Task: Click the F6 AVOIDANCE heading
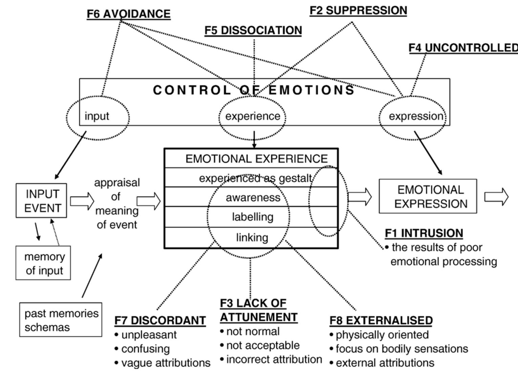(129, 14)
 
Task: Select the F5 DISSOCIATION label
(253, 30)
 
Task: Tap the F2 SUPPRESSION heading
(358, 10)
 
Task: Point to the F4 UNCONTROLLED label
(463, 48)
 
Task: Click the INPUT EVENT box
(41, 201)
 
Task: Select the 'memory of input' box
(43, 263)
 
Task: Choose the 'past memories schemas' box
(61, 320)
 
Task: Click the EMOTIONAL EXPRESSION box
(428, 196)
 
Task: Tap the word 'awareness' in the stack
(253, 198)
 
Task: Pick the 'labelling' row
(253, 217)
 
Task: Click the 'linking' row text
(252, 238)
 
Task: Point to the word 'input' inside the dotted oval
(97, 116)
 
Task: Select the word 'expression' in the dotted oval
(416, 116)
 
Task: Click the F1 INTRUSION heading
(424, 233)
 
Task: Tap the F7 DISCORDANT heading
(160, 320)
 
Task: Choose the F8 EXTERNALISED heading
(381, 320)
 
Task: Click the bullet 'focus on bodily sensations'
(402, 349)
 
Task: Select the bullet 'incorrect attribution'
(274, 359)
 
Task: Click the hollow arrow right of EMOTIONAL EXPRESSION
(496, 196)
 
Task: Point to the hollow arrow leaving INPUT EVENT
(82, 201)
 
